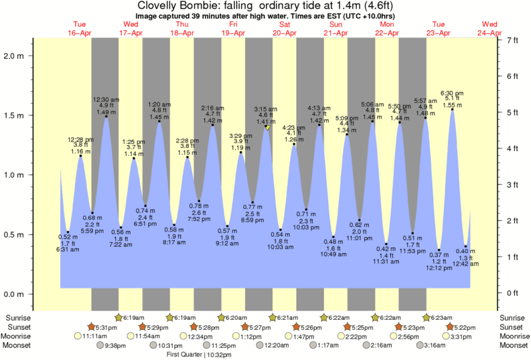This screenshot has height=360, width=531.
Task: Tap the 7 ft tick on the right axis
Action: point(512,40)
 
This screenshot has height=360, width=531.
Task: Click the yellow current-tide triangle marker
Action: point(267,127)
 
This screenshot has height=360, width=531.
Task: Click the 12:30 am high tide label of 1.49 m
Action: point(106,106)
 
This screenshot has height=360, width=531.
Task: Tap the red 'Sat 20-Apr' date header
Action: point(284,28)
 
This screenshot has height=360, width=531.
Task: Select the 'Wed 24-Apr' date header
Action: point(489,28)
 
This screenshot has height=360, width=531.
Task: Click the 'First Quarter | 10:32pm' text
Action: point(199,355)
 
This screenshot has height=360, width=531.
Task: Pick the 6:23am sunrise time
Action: point(443,317)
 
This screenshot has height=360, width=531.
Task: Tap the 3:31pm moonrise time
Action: point(464,336)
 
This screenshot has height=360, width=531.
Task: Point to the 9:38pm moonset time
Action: point(115,345)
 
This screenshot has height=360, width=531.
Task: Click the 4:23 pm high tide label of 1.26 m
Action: point(293,133)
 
